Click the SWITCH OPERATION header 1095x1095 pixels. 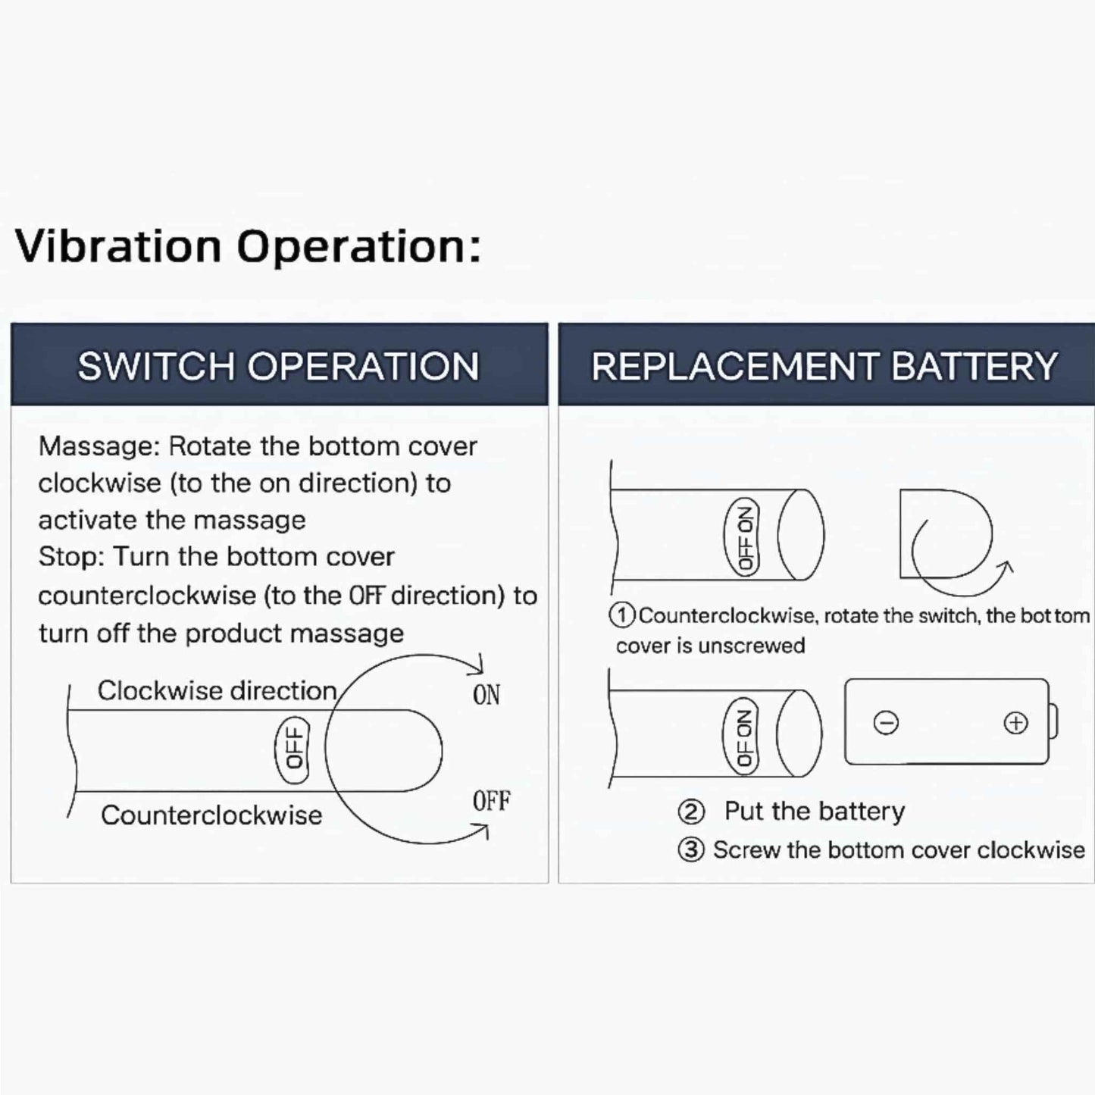click(278, 366)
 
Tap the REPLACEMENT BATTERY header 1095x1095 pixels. click(824, 366)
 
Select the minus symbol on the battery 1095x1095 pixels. click(885, 724)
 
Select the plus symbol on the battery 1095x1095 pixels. click(1016, 723)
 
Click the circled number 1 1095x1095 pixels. click(621, 615)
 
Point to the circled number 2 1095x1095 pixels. click(691, 812)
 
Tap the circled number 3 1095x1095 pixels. click(691, 851)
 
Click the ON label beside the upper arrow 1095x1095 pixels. click(486, 694)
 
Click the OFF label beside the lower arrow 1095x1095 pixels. click(492, 801)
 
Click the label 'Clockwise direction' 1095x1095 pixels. click(217, 691)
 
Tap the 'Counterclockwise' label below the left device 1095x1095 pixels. click(211, 815)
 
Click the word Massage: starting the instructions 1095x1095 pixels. click(100, 447)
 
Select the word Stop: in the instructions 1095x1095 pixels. click(71, 557)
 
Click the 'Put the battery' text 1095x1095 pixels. click(815, 812)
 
